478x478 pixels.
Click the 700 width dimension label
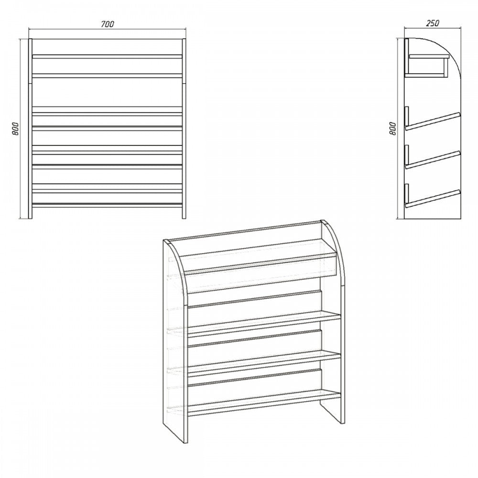107,24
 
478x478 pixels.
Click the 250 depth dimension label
433,23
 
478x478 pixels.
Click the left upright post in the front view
30,128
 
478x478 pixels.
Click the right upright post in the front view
184,128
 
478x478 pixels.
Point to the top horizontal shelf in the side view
429,56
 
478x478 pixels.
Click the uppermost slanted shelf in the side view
432,121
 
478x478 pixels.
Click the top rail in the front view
107,56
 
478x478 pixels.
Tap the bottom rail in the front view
107,205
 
